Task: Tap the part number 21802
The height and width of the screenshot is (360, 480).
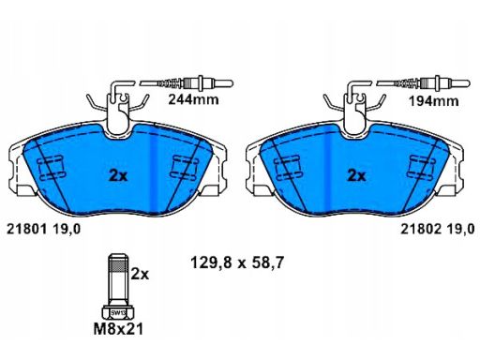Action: [420, 228]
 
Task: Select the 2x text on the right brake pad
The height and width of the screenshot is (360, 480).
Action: [356, 174]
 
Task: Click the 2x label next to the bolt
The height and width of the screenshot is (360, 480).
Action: [140, 275]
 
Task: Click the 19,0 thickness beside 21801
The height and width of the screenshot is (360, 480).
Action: [67, 228]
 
